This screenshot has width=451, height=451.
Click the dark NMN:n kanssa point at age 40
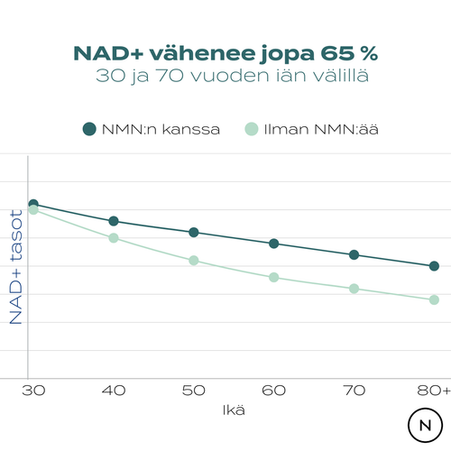(x=114, y=221)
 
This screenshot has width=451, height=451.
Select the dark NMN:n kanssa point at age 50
(x=194, y=233)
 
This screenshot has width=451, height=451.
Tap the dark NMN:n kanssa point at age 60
(x=274, y=244)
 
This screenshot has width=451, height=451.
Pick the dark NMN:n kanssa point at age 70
(x=354, y=255)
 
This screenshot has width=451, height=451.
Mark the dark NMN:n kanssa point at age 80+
(x=434, y=266)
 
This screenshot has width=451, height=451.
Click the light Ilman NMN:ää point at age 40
(x=114, y=238)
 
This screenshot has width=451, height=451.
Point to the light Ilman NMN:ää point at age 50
(x=194, y=261)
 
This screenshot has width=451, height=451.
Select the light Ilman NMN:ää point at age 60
(x=274, y=277)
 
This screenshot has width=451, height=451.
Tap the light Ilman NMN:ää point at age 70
(x=354, y=289)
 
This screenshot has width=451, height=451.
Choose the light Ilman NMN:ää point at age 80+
(x=434, y=299)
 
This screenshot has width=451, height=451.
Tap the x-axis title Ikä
(x=235, y=410)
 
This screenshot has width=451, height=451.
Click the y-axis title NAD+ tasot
(x=16, y=262)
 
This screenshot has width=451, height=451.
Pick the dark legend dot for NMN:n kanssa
(x=89, y=129)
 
